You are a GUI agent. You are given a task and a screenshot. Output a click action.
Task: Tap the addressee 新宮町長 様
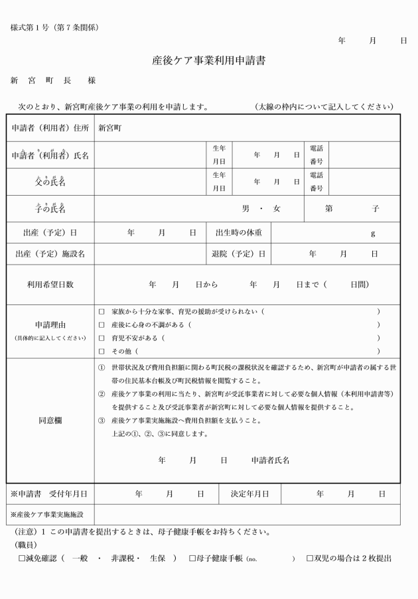pyautogui.click(x=53, y=80)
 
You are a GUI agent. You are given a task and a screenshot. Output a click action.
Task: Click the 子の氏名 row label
pyautogui.click(x=50, y=209)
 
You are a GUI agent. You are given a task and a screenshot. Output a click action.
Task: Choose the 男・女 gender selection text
pyautogui.click(x=261, y=209)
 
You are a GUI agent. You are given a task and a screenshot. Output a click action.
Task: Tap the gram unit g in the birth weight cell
pyautogui.click(x=373, y=233)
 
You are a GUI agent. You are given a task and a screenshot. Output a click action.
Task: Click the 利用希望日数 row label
pyautogui.click(x=50, y=285)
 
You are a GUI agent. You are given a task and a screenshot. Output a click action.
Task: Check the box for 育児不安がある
pyautogui.click(x=102, y=338)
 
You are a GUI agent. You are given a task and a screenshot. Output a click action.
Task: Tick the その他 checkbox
pyautogui.click(x=102, y=352)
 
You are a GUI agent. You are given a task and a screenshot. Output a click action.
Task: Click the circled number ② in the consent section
pyautogui.click(x=102, y=395)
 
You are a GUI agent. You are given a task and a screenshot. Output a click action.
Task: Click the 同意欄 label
pyautogui.click(x=50, y=421)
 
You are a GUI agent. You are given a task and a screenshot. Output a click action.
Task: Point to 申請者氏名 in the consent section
pyautogui.click(x=270, y=460)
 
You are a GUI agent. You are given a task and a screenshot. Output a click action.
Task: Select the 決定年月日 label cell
pyautogui.click(x=249, y=494)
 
